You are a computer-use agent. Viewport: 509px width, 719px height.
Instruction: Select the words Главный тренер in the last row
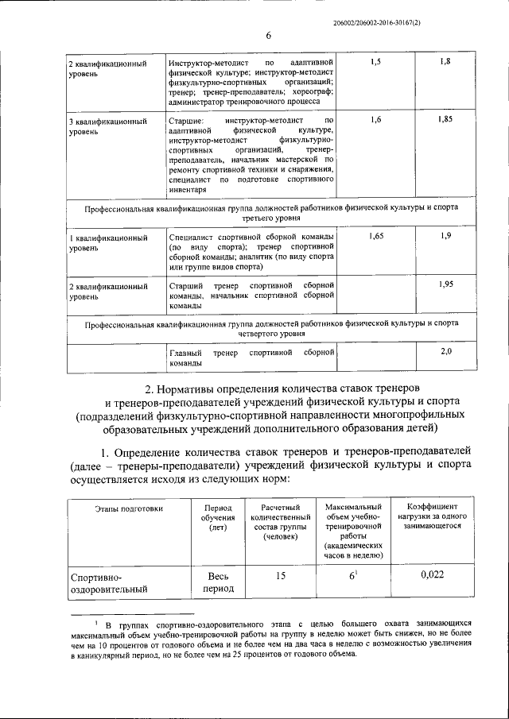[x=203, y=352]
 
